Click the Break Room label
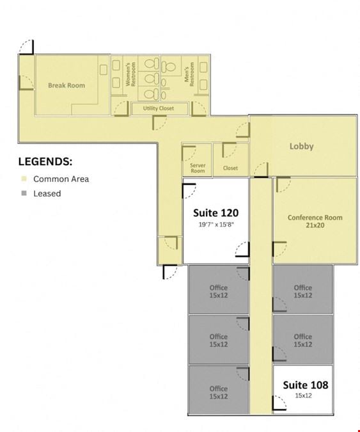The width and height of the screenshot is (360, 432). (x=67, y=85)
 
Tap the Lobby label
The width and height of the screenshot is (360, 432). (x=301, y=146)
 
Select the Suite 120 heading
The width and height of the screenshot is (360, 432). (x=215, y=212)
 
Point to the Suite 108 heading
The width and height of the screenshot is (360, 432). (x=306, y=385)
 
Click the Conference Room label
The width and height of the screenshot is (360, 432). (x=315, y=218)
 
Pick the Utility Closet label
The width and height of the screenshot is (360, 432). (x=158, y=108)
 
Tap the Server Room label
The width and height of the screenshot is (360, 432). (x=198, y=168)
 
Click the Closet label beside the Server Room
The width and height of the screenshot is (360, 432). (x=230, y=168)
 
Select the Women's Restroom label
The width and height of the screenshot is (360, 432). (x=130, y=74)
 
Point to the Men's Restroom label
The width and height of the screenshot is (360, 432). (x=189, y=74)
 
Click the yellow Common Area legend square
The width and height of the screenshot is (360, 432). (x=24, y=179)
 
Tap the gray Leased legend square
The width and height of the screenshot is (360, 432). (x=24, y=193)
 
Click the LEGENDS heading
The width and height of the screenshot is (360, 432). (x=45, y=161)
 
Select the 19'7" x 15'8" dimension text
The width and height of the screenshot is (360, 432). (x=216, y=225)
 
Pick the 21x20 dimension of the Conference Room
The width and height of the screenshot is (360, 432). (x=315, y=225)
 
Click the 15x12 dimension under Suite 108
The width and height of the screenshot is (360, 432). (x=303, y=396)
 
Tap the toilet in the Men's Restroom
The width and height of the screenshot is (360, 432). (x=168, y=67)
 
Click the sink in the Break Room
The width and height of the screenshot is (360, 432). (x=103, y=70)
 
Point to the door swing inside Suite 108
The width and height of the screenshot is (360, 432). (x=279, y=403)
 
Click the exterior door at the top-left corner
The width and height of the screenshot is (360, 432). (x=26, y=47)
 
